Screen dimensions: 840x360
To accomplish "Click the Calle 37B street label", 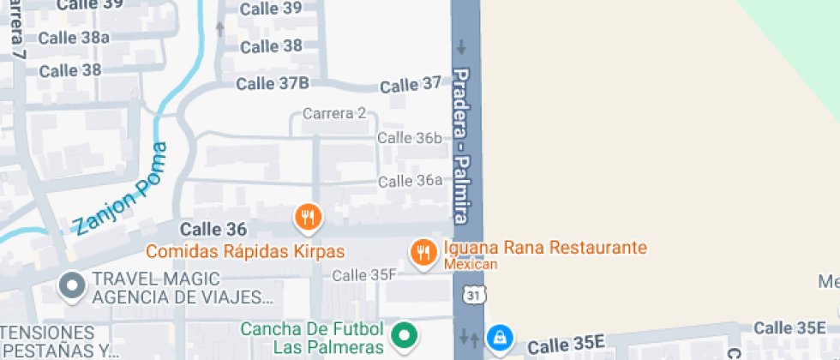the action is click(x=272, y=83).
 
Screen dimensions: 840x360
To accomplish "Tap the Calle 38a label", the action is click(x=74, y=37).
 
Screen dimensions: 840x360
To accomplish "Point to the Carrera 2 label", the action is click(x=334, y=113).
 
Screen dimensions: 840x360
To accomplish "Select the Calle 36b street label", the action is click(x=410, y=138).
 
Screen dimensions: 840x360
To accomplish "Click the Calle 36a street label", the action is click(x=410, y=181).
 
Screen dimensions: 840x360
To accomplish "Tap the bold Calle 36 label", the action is click(x=213, y=229).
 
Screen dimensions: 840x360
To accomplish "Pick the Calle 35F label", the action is click(x=364, y=275).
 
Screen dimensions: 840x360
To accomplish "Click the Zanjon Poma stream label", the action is click(x=119, y=190).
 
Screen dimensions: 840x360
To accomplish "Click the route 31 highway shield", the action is click(x=471, y=295).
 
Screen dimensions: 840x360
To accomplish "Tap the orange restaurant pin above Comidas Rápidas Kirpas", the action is click(x=308, y=217).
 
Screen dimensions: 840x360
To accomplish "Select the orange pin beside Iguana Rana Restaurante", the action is click(x=423, y=252).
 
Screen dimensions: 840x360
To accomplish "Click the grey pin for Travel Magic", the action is click(x=71, y=285).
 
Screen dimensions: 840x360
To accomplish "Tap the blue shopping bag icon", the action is click(x=497, y=339).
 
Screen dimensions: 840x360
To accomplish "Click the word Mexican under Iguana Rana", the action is click(x=470, y=265).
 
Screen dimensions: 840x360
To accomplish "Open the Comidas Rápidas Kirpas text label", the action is click(x=244, y=252).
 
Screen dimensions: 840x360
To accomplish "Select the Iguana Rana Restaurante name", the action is click(x=544, y=249).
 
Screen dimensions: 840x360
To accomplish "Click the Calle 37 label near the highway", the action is click(x=410, y=85).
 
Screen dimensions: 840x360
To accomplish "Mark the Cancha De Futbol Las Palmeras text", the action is click(x=311, y=338).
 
